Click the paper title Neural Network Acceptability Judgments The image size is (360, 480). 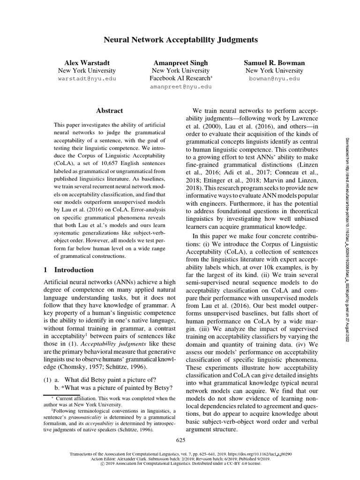(180, 41)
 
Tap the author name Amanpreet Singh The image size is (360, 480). (180, 62)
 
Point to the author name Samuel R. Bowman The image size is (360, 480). (274, 62)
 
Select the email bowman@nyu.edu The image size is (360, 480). (274, 79)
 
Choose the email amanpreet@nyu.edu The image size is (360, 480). (180, 87)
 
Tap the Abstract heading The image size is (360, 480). (109, 111)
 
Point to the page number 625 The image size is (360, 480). (180, 440)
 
